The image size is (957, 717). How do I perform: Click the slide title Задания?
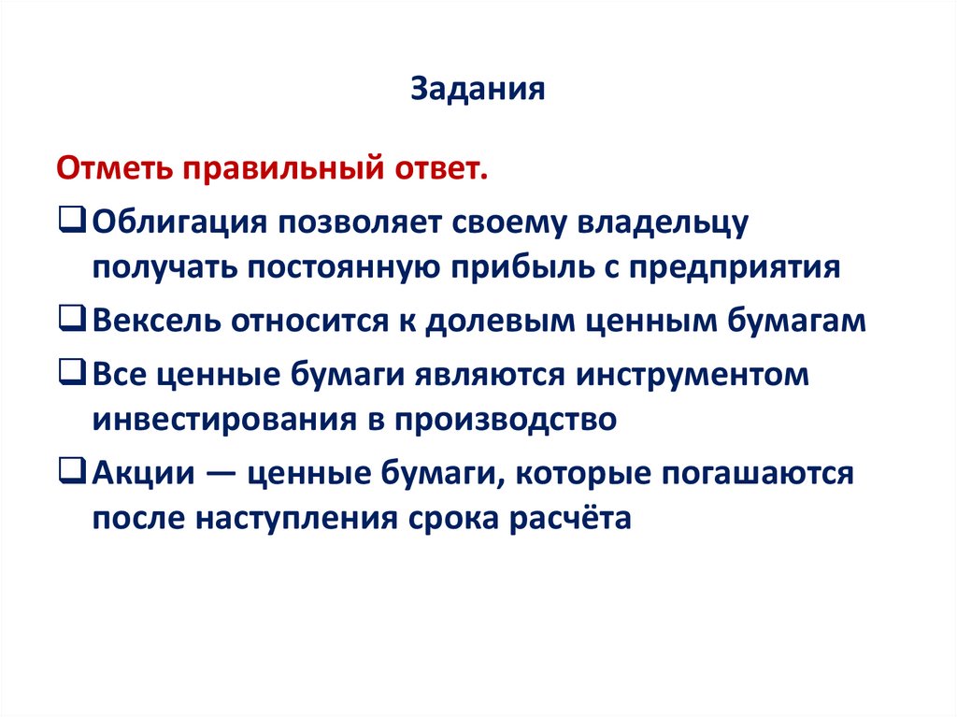[x=478, y=90]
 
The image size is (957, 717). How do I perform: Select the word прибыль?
[x=528, y=268]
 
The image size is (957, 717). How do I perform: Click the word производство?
[x=509, y=420]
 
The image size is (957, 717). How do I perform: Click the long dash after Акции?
[x=221, y=472]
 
